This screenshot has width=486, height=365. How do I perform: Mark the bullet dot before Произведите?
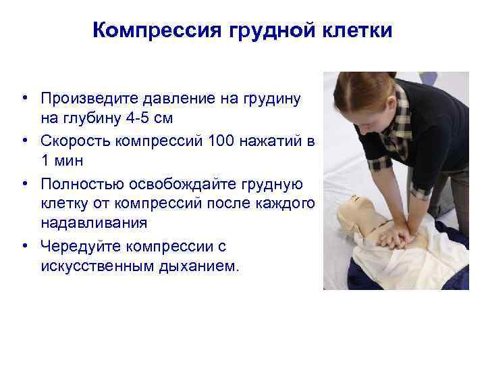pos(24,99)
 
